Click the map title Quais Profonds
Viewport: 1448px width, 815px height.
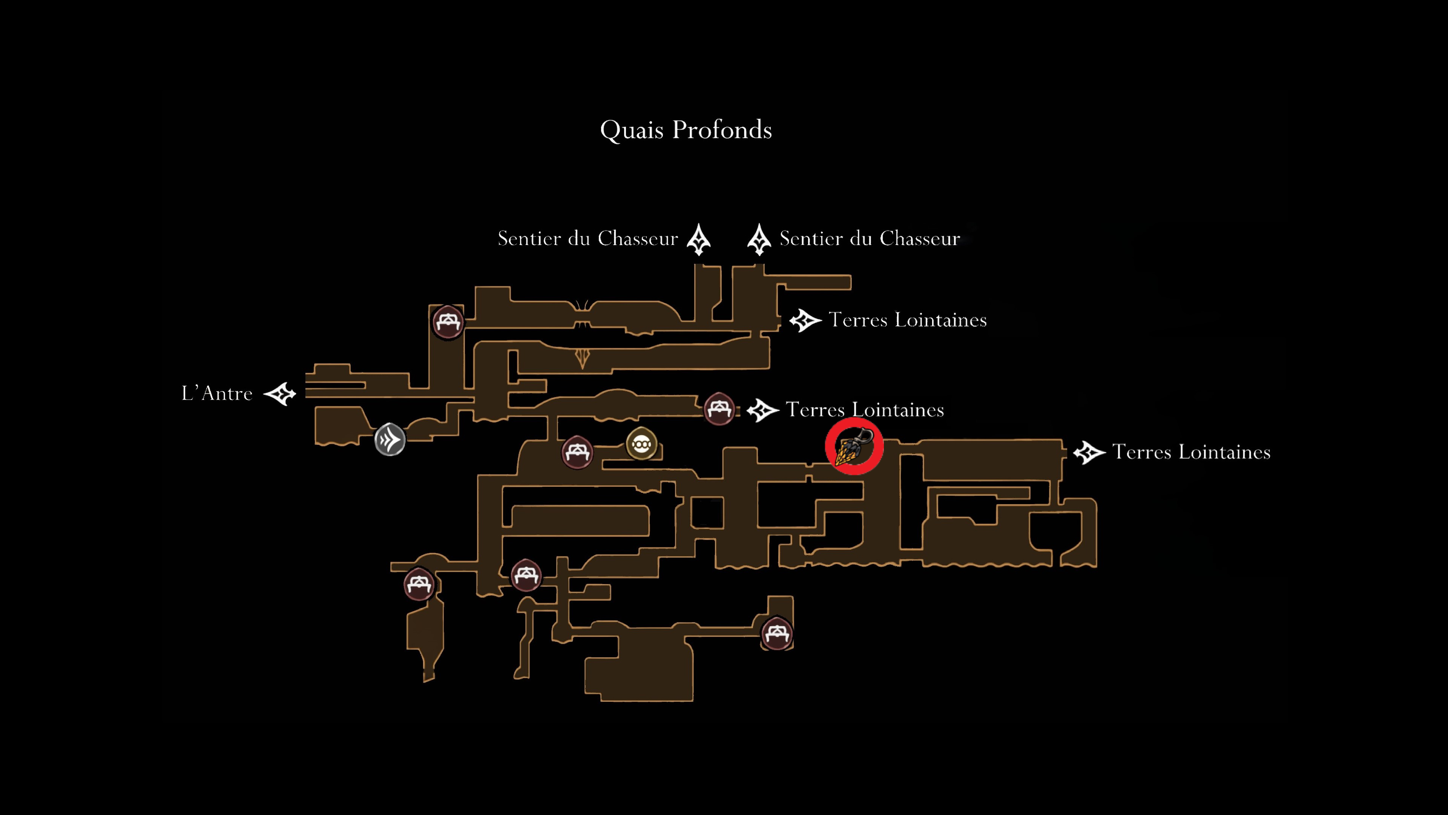pyautogui.click(x=686, y=130)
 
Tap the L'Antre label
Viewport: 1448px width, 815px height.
pyautogui.click(x=217, y=393)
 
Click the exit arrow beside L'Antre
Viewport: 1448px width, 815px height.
pyautogui.click(x=280, y=394)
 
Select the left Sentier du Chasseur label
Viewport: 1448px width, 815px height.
pyautogui.click(x=588, y=238)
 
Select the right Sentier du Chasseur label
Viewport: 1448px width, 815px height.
pyautogui.click(x=870, y=238)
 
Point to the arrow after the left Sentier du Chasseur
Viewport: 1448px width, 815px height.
pyautogui.click(x=699, y=240)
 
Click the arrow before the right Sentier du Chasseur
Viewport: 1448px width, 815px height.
pyautogui.click(x=759, y=240)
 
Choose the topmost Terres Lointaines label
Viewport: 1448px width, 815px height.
pyautogui.click(x=908, y=320)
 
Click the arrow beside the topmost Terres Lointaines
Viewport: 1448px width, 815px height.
pyautogui.click(x=805, y=321)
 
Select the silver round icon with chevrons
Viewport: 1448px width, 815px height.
pyautogui.click(x=390, y=439)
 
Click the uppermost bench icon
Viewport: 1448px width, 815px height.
pyautogui.click(x=448, y=322)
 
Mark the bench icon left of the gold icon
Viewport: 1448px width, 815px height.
pyautogui.click(x=577, y=452)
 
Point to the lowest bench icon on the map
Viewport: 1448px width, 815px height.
pyautogui.click(x=777, y=634)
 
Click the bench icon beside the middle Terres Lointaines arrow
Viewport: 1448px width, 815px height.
pyautogui.click(x=719, y=408)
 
